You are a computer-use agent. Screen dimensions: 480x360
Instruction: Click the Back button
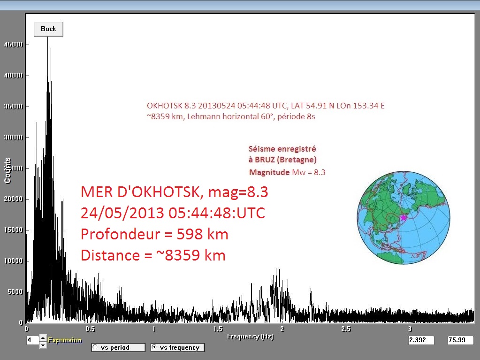(48, 29)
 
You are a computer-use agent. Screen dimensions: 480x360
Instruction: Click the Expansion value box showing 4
(33, 340)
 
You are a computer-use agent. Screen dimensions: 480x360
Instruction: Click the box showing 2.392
(421, 340)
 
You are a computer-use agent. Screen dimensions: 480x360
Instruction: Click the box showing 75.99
(460, 340)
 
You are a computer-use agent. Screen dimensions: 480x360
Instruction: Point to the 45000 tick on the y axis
(14, 45)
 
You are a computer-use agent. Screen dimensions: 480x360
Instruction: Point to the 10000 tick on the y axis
(14, 261)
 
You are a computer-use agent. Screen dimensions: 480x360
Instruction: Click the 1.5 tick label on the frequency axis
(218, 329)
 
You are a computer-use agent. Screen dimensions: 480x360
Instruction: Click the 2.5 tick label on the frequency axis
(346, 329)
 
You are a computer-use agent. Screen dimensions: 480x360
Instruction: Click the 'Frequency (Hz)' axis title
(251, 337)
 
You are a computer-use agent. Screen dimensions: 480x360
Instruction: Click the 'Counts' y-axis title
(8, 170)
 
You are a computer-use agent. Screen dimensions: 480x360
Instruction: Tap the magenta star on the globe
(403, 217)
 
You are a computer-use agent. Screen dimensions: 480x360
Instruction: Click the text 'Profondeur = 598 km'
(154, 235)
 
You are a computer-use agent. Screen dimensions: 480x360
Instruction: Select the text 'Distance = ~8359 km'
(153, 255)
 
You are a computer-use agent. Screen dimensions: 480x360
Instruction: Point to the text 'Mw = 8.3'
(309, 172)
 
